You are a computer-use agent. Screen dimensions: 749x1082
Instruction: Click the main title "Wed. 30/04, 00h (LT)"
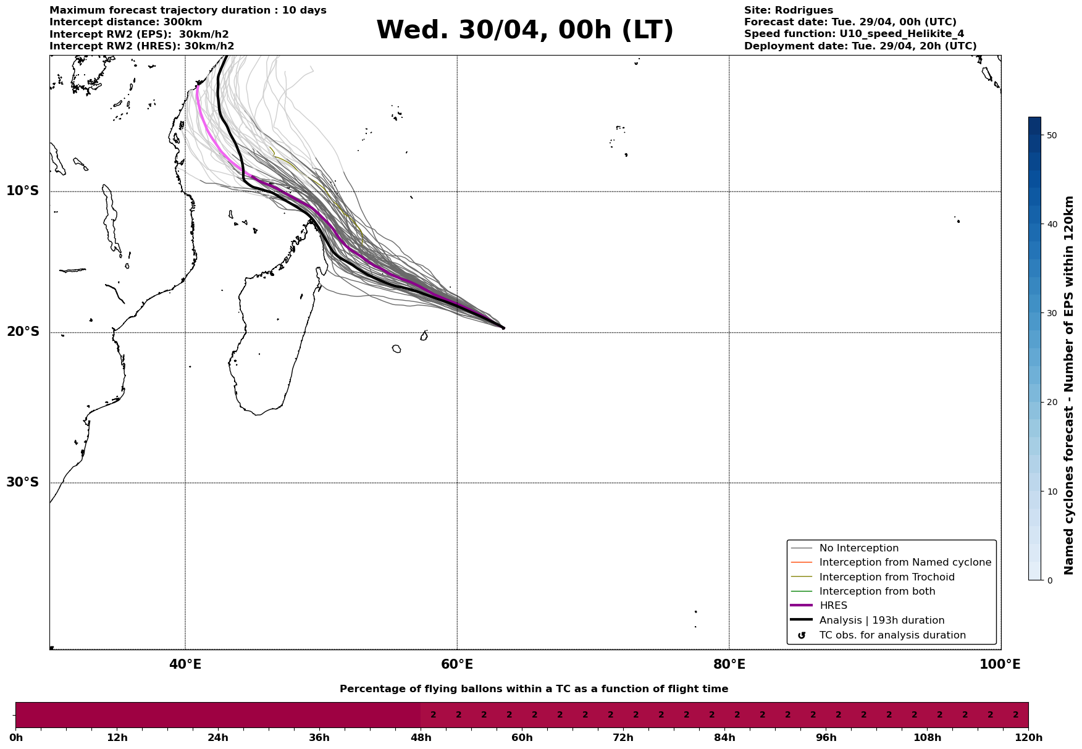tap(524, 30)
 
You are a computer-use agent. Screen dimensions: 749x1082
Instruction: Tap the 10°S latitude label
tap(23, 191)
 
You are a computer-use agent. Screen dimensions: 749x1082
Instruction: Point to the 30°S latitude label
tap(23, 482)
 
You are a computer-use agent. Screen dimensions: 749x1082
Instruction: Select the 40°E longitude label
tap(185, 665)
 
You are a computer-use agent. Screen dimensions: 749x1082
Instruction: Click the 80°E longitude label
tap(729, 665)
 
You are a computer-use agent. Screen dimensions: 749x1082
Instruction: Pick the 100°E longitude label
tap(999, 665)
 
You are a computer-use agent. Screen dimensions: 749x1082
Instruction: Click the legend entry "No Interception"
tap(858, 548)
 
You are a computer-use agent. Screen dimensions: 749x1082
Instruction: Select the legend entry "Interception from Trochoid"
tap(886, 577)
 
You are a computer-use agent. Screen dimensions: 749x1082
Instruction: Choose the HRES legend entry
tap(833, 606)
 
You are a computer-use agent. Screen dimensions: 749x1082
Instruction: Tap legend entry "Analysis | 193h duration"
tap(881, 621)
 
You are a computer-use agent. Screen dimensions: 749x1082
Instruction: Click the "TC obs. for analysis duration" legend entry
tap(892, 635)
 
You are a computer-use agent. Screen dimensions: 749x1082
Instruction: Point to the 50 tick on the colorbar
tap(1052, 135)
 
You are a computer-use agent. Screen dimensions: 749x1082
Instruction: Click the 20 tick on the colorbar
tap(1052, 403)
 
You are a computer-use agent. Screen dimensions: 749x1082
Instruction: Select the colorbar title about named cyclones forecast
tap(1070, 385)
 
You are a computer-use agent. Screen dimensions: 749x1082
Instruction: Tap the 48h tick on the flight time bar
tap(421, 738)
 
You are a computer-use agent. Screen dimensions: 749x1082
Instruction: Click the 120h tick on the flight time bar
tap(1028, 738)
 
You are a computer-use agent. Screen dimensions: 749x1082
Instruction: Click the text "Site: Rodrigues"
tap(788, 10)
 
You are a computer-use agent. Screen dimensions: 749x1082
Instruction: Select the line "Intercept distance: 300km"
tap(125, 22)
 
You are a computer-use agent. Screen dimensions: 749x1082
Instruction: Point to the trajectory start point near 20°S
tap(503, 328)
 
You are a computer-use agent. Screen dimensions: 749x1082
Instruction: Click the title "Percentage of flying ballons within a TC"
tap(534, 689)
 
